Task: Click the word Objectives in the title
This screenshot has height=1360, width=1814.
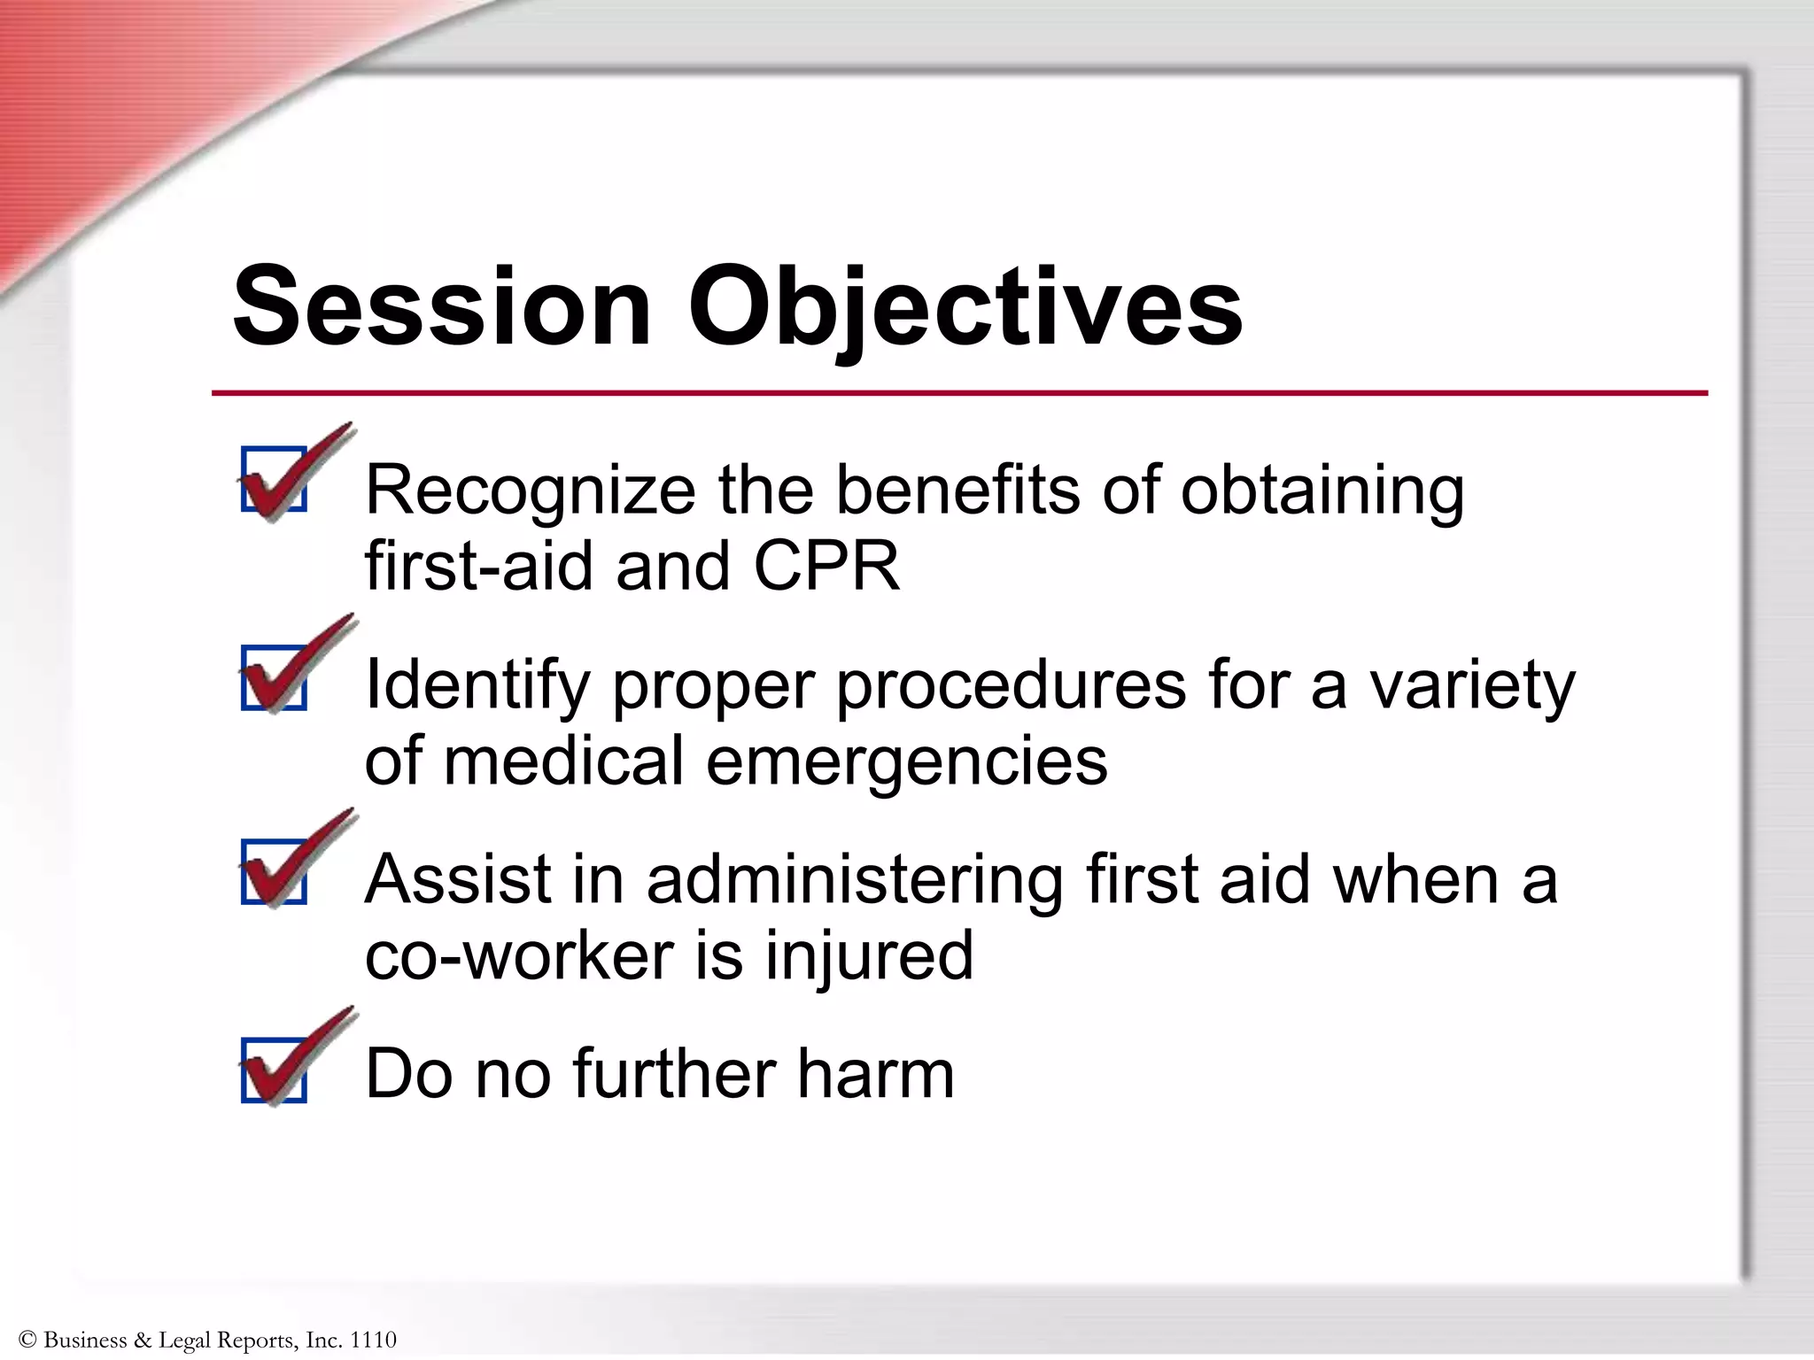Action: point(965,306)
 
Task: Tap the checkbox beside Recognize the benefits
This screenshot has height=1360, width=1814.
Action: point(275,479)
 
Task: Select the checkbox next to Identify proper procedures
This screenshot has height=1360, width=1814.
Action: point(275,677)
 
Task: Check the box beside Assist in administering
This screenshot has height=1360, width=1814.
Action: point(275,872)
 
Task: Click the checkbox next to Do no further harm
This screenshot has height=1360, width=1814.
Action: point(275,1070)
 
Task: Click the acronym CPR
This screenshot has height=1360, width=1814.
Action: point(826,567)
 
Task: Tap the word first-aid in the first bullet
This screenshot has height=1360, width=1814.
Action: point(478,567)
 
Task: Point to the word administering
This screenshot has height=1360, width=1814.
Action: point(855,881)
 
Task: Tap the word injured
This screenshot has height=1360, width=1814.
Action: point(869,956)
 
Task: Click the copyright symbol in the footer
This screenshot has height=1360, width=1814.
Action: point(27,1340)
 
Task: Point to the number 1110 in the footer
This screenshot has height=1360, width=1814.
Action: point(373,1340)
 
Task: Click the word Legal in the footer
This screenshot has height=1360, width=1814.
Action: point(184,1340)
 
